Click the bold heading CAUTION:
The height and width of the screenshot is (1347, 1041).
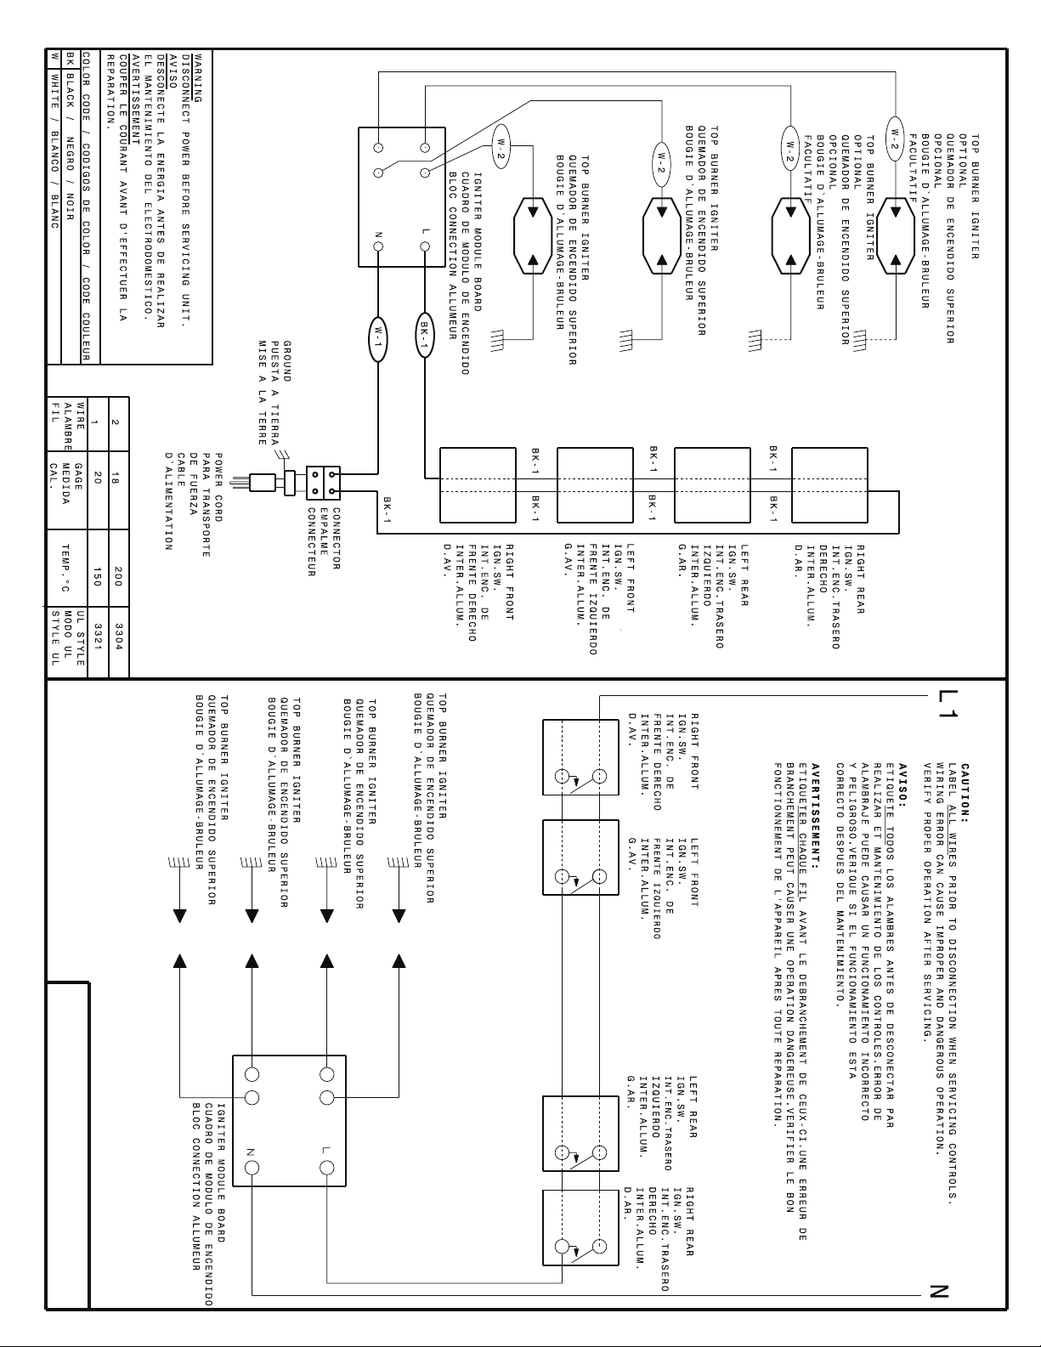[x=965, y=791]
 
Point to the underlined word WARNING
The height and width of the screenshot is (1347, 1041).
[x=198, y=79]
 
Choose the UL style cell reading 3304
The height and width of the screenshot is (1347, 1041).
[x=118, y=637]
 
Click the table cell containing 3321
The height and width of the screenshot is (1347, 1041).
[x=97, y=637]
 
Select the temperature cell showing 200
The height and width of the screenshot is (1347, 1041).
[x=118, y=576]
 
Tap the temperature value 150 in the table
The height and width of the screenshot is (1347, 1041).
[x=97, y=576]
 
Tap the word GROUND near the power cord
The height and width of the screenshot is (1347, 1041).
[x=287, y=361]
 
